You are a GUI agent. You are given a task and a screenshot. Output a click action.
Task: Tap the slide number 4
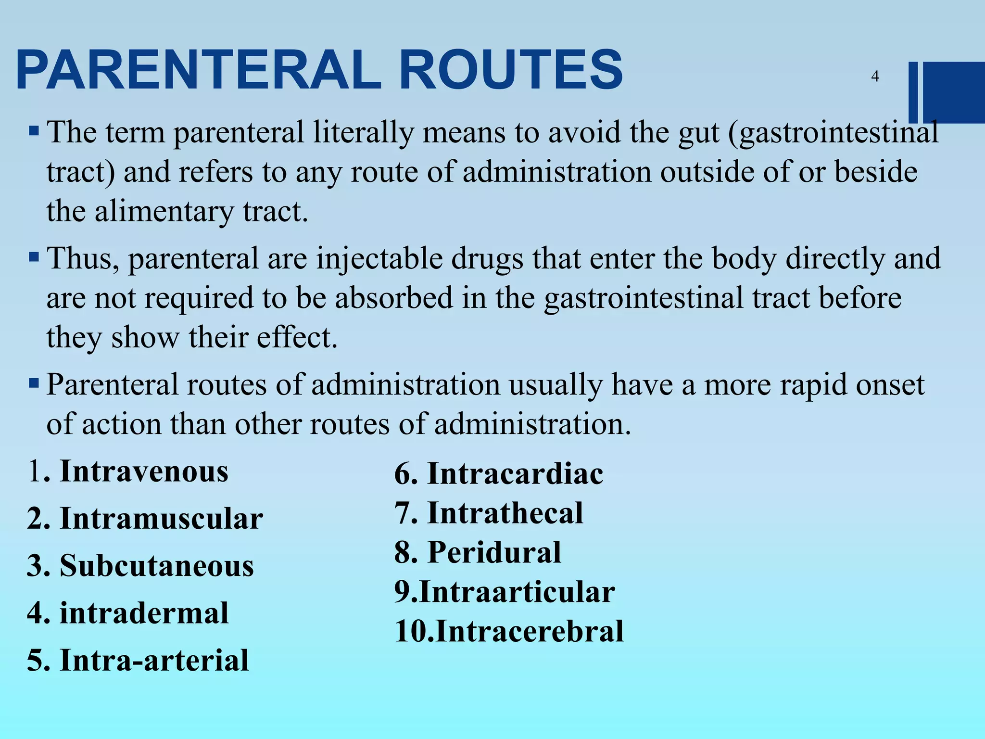pyautogui.click(x=875, y=76)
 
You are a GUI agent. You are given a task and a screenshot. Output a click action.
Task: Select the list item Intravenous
pyautogui.click(x=144, y=471)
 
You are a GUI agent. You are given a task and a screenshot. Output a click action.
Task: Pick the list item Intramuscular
pyautogui.click(x=161, y=519)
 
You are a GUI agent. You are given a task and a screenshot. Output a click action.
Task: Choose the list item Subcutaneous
pyautogui.click(x=156, y=566)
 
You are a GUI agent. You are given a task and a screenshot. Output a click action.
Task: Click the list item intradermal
pyautogui.click(x=144, y=613)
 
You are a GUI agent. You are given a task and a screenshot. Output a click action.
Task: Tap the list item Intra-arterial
pyautogui.click(x=154, y=660)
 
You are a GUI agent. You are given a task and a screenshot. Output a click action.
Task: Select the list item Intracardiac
pyautogui.click(x=515, y=474)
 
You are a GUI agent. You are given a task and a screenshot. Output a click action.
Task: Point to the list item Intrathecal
pyautogui.click(x=505, y=513)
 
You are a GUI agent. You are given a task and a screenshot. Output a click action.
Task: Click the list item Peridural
pyautogui.click(x=494, y=552)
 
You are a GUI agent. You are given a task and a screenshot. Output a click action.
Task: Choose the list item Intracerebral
pyautogui.click(x=530, y=631)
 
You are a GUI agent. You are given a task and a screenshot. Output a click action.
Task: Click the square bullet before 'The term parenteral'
pyautogui.click(x=34, y=131)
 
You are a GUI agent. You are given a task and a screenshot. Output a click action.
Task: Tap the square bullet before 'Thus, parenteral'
pyautogui.click(x=34, y=257)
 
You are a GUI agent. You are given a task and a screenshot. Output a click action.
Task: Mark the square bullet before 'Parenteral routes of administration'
pyautogui.click(x=34, y=383)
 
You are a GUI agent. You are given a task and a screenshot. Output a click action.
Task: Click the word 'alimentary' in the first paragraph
pyautogui.click(x=164, y=212)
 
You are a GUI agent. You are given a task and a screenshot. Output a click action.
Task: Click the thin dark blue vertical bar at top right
pyautogui.click(x=913, y=92)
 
